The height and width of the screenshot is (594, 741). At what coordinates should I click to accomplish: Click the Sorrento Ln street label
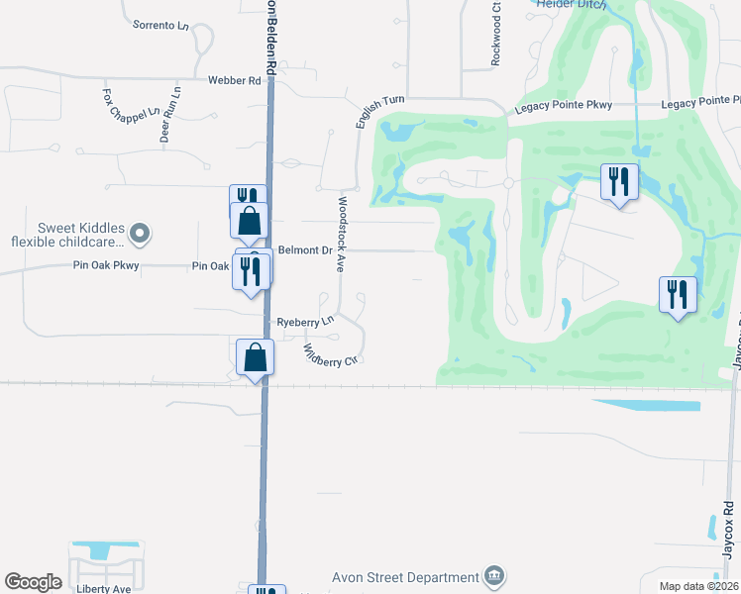click(x=160, y=25)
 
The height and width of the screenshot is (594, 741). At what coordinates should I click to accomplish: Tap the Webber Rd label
click(x=234, y=80)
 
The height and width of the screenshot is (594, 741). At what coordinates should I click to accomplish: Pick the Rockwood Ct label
click(x=496, y=35)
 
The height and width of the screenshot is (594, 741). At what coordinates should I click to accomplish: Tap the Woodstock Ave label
click(x=340, y=233)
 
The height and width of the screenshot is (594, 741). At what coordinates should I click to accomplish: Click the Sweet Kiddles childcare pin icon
click(x=140, y=234)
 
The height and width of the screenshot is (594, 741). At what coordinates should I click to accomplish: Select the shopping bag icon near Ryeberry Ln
click(x=256, y=357)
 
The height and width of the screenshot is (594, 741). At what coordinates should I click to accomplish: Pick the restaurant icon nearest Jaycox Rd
click(x=678, y=295)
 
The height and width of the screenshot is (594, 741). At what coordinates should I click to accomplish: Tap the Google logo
click(x=33, y=582)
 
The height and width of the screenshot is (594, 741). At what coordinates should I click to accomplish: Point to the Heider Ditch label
click(x=570, y=4)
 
